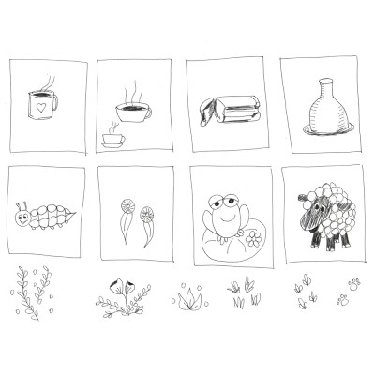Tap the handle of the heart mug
(x=56, y=104)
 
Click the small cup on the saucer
(x=112, y=139)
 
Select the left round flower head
(x=124, y=203)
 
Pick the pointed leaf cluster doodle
(x=191, y=298)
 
